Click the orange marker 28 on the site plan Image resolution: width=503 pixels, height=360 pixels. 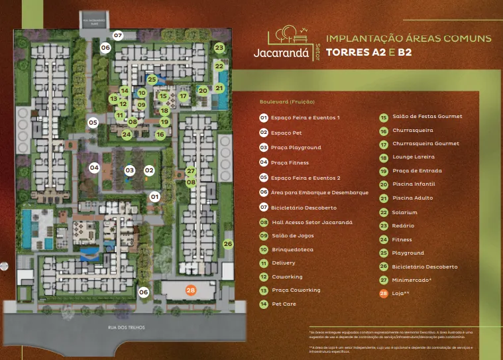tap(191, 290)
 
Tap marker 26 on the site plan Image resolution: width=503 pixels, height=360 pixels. tap(228, 244)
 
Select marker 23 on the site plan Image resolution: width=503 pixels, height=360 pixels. tap(219, 48)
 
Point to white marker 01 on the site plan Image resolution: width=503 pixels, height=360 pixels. tap(154, 197)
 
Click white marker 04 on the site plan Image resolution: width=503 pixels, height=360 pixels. tap(94, 168)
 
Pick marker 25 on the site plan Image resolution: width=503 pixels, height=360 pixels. tap(152, 80)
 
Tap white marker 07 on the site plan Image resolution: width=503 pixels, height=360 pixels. tap(118, 35)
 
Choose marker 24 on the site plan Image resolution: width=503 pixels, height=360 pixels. tap(127, 135)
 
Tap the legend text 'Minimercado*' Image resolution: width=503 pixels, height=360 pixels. tap(412, 280)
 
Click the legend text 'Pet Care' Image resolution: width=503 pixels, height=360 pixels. tap(284, 304)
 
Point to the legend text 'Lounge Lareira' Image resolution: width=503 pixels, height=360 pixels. tap(414, 157)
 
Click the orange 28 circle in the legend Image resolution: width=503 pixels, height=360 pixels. tap(383, 293)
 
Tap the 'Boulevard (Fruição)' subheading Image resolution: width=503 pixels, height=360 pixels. tap(287, 102)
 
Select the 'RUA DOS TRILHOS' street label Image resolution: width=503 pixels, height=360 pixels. tap(126, 328)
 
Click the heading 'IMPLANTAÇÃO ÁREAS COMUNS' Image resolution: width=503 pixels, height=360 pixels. tap(409, 38)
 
